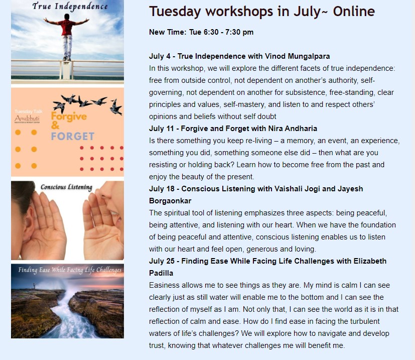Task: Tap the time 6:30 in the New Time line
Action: (211, 32)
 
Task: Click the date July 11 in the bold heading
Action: (162, 129)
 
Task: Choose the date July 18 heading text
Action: (162, 189)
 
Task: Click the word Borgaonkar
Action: (170, 201)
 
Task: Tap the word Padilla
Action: (161, 273)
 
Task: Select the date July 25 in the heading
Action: (162, 261)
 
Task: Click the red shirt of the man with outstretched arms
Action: (67, 27)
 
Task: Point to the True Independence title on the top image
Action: (70, 6)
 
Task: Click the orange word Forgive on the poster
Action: (69, 116)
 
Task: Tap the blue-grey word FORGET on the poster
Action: (73, 136)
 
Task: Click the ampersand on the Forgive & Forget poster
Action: (55, 126)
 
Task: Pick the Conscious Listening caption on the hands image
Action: (66, 187)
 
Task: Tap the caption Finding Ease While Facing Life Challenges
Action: (70, 270)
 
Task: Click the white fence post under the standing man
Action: (66, 70)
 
